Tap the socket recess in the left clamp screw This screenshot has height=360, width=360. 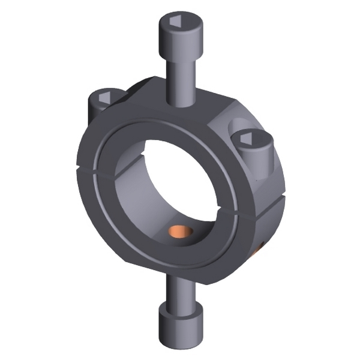(103, 95)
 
